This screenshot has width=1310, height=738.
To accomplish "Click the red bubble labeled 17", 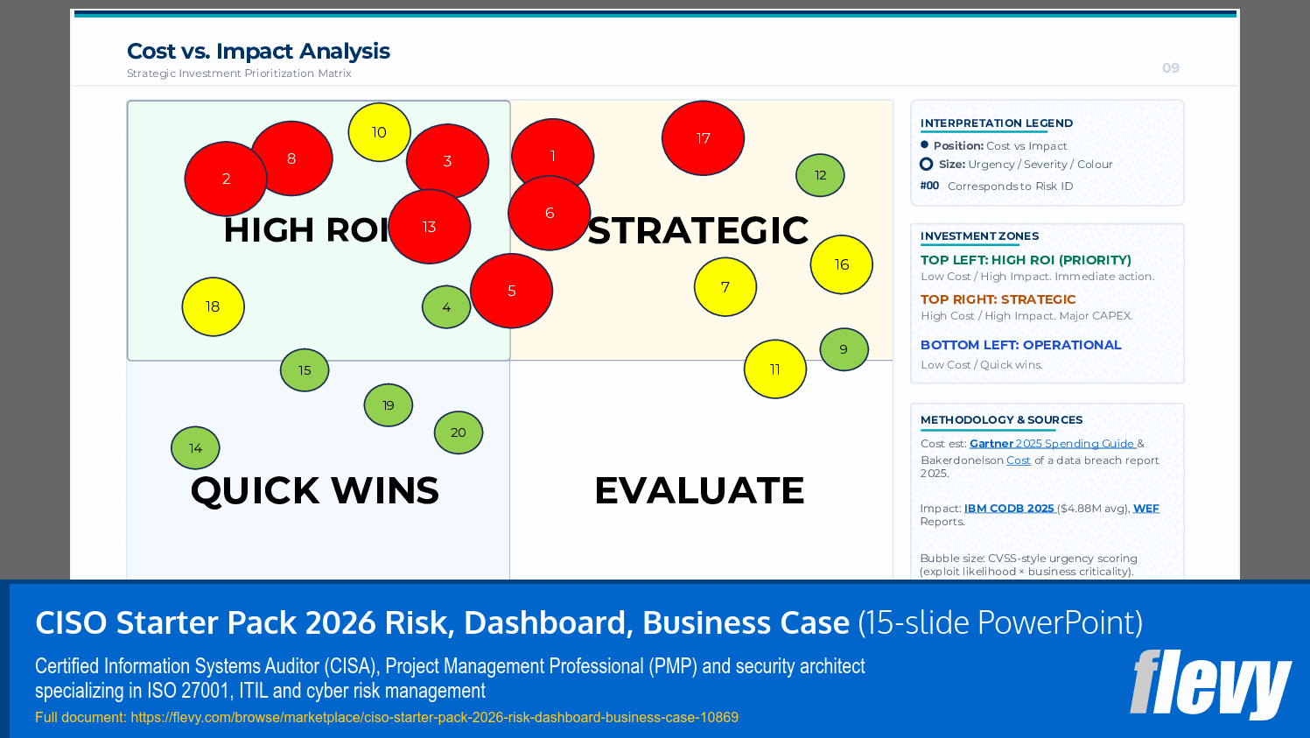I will (703, 138).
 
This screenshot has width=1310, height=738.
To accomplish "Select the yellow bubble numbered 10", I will (379, 132).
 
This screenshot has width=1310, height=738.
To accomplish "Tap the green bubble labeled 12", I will (820, 175).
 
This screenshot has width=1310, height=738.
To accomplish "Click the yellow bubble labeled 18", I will (213, 306).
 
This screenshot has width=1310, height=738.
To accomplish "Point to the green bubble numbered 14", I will (195, 448).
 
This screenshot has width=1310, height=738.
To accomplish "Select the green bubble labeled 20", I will (459, 432).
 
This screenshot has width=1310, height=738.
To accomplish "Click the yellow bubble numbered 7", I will (725, 287).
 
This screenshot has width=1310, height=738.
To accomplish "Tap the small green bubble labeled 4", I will (445, 307).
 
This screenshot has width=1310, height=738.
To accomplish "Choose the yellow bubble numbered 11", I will (774, 369).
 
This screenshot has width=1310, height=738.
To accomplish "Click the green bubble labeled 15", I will (305, 370).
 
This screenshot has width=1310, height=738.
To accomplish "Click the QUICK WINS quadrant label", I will (314, 490).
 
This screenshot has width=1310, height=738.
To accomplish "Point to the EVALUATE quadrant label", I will (699, 490).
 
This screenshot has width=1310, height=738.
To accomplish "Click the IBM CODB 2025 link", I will (1009, 509).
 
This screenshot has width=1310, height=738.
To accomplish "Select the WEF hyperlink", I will (1145, 509).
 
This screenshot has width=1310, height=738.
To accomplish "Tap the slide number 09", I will (1170, 68).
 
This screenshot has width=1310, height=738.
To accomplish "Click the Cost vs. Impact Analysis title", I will (258, 52).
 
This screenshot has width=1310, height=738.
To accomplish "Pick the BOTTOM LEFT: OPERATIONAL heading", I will (1020, 345).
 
